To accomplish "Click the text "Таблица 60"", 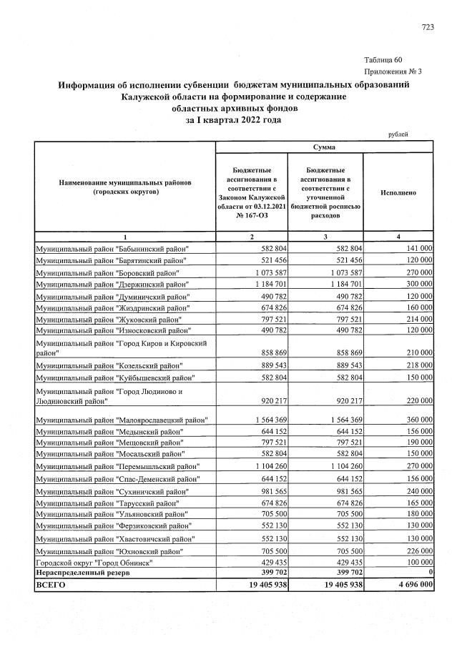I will [384, 59].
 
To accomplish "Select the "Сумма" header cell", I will [325, 147].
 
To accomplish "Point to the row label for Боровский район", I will [113, 273].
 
